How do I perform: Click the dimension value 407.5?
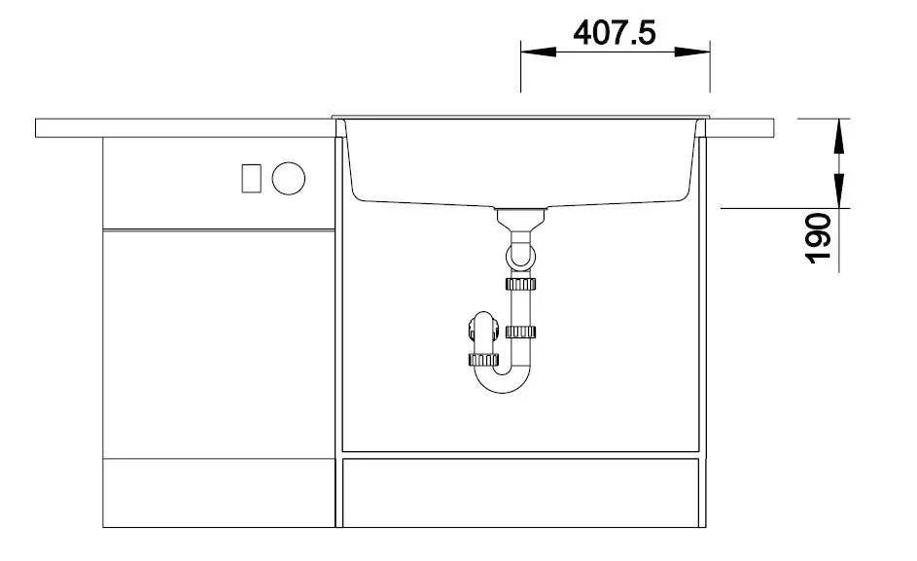(x=615, y=33)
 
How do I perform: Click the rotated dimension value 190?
(x=818, y=238)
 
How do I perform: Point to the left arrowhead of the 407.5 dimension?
(x=538, y=53)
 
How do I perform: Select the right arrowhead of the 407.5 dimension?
(x=692, y=53)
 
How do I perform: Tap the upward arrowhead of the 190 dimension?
(x=839, y=136)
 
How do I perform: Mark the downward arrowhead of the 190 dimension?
(x=839, y=191)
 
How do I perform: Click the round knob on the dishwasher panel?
(x=288, y=179)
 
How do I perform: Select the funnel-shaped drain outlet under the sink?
(x=520, y=220)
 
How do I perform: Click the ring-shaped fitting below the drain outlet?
(x=520, y=256)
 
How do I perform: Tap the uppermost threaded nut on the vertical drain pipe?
(x=520, y=284)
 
